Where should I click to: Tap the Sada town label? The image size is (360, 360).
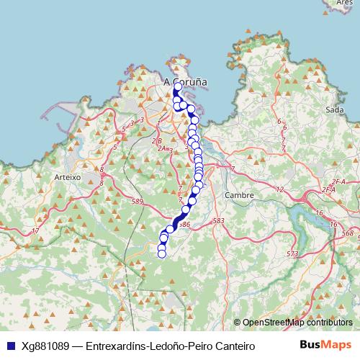(x=334, y=109)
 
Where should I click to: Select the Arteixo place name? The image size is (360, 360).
(x=67, y=176)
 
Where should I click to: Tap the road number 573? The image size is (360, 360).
(x=292, y=253)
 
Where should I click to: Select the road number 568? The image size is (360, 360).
(x=348, y=233)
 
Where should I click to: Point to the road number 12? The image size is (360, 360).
(x=280, y=190)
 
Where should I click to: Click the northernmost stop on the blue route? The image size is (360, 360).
(x=178, y=86)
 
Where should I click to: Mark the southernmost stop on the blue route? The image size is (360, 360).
(x=162, y=253)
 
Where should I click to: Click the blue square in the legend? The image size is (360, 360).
(x=9, y=346)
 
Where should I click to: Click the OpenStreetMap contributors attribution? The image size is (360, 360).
(x=297, y=323)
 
